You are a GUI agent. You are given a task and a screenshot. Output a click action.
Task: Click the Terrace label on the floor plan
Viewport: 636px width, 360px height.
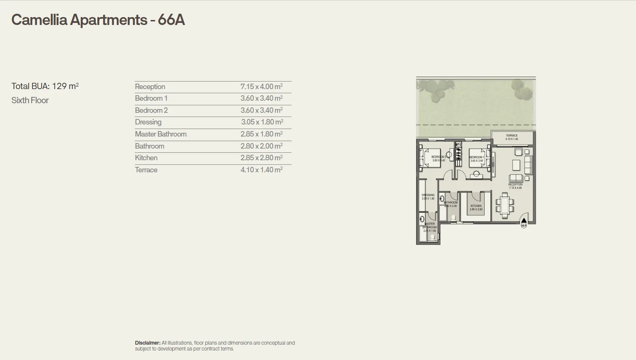click(512, 136)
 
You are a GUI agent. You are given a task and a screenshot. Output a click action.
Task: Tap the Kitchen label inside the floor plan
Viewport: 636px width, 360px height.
click(476, 206)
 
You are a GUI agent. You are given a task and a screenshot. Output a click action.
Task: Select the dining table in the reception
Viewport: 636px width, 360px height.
click(505, 204)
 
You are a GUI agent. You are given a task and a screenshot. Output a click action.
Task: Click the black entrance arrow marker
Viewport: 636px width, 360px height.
click(524, 221)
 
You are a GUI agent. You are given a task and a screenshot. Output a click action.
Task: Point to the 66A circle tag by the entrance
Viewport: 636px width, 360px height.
click(524, 226)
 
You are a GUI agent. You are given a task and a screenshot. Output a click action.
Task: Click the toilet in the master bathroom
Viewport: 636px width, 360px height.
click(433, 237)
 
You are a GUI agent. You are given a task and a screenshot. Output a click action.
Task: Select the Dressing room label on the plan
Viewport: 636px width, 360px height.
click(428, 195)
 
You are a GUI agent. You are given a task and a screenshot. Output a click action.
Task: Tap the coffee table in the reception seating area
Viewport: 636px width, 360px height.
click(516, 165)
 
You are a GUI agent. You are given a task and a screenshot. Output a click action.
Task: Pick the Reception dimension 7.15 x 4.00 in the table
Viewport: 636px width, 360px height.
click(261, 87)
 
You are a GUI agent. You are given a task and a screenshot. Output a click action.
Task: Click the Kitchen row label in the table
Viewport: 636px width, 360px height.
click(146, 158)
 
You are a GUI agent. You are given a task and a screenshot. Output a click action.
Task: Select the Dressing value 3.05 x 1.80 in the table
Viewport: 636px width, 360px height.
click(262, 122)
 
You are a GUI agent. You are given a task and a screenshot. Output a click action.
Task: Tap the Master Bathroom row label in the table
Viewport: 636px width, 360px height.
click(161, 134)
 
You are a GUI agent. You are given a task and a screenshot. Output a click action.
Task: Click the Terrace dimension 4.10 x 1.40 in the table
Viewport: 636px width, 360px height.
click(261, 170)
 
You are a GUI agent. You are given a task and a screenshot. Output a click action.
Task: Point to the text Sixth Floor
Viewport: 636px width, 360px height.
click(30, 100)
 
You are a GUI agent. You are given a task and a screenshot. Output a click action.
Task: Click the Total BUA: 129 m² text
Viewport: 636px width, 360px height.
click(45, 86)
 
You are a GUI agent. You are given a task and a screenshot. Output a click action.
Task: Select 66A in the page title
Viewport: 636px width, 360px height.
click(171, 20)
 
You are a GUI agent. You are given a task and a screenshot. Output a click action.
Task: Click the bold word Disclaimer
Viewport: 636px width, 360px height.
click(147, 343)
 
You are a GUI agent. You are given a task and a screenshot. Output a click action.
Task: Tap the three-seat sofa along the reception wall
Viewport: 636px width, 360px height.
click(528, 165)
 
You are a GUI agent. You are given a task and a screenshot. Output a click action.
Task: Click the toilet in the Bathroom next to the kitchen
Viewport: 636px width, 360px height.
click(453, 218)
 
